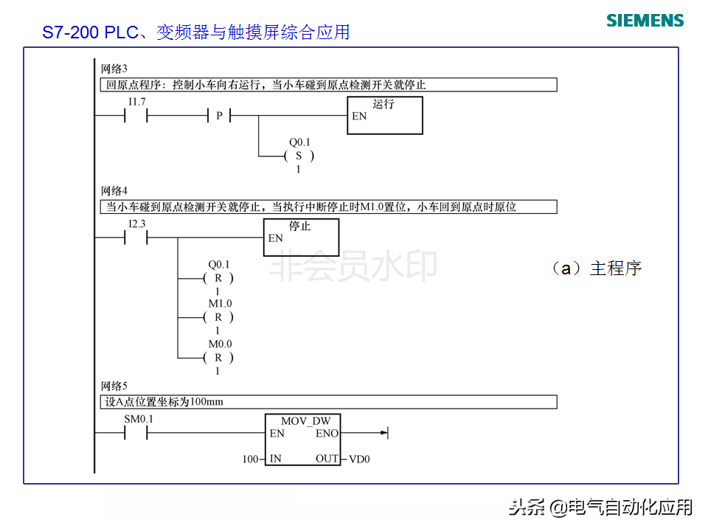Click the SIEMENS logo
tap(645, 21)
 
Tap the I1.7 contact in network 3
tap(136, 116)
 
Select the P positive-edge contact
tap(219, 116)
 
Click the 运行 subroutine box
tap(385, 116)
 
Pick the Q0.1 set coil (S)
tap(299, 156)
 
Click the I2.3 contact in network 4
tap(136, 237)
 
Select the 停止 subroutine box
tap(301, 237)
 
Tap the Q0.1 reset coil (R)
tap(218, 278)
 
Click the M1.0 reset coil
tap(218, 317)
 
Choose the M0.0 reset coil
tap(218, 358)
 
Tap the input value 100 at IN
tap(251, 459)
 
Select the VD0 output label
tap(359, 459)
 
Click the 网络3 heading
tap(114, 69)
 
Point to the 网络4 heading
tap(114, 191)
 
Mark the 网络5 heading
tap(114, 386)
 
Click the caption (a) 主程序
tap(597, 268)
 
